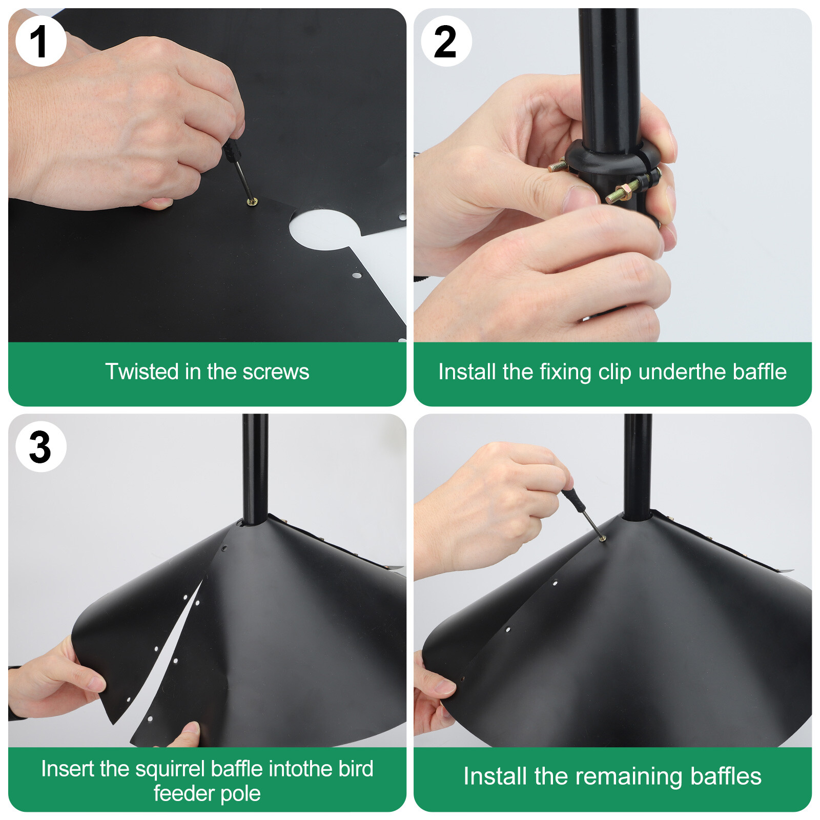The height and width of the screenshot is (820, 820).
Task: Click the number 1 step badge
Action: coord(41,41)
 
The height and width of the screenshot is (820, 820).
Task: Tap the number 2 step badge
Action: coord(446,41)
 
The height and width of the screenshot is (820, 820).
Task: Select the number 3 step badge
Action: coord(41,446)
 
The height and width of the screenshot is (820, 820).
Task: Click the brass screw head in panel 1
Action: coord(252,202)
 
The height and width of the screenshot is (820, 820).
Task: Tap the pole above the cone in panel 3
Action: coord(255,469)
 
